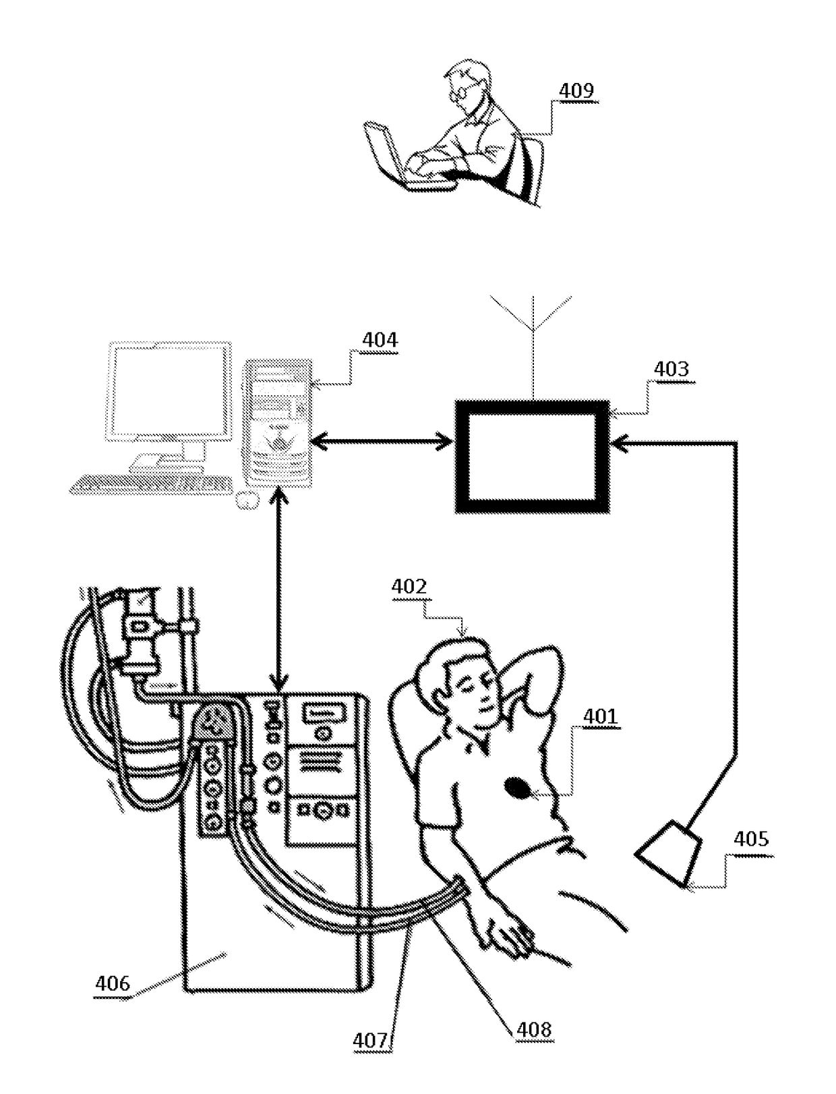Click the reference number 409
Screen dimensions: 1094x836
click(x=576, y=91)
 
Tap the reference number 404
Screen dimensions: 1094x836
click(x=380, y=341)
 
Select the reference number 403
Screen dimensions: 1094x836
click(x=671, y=369)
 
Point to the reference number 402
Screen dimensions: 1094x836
click(x=409, y=587)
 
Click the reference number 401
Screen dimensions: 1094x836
click(x=600, y=716)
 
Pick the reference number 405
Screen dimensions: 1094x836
click(x=750, y=839)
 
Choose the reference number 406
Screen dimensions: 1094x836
click(x=112, y=983)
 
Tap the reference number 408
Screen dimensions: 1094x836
click(x=533, y=1030)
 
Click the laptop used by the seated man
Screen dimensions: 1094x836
click(x=386, y=153)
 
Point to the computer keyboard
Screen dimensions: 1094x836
click(x=151, y=484)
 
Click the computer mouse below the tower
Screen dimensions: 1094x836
click(x=248, y=500)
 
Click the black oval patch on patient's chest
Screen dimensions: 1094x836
click(x=518, y=787)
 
